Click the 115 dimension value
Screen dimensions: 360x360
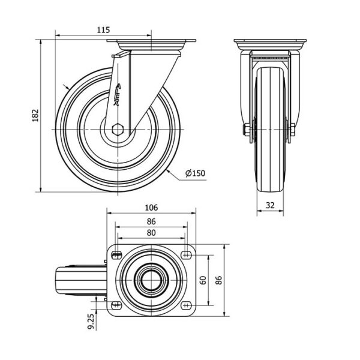(x=103, y=30)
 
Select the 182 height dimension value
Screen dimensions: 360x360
(x=35, y=115)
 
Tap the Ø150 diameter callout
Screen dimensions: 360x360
(x=195, y=173)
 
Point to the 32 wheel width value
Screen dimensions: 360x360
(x=270, y=205)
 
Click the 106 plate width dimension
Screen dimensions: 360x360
(x=152, y=208)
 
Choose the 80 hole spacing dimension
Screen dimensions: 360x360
(x=151, y=233)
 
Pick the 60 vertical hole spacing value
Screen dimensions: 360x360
(x=203, y=280)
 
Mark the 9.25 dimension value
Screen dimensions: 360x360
(x=91, y=322)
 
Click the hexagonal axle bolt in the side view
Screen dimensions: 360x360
(x=118, y=130)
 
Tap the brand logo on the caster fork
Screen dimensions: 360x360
(x=118, y=94)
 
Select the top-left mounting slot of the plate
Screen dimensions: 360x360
(x=116, y=254)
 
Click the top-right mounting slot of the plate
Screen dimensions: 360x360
(x=186, y=254)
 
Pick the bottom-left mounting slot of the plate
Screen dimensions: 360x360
(x=116, y=305)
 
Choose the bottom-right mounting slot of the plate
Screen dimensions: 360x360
(x=186, y=305)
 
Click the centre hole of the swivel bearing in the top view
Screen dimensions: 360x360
(x=151, y=280)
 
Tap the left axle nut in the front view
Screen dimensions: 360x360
(x=247, y=130)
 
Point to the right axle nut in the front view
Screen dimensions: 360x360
(x=293, y=130)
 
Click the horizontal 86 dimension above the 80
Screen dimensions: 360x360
(x=151, y=221)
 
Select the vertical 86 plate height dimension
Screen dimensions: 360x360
(x=219, y=280)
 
